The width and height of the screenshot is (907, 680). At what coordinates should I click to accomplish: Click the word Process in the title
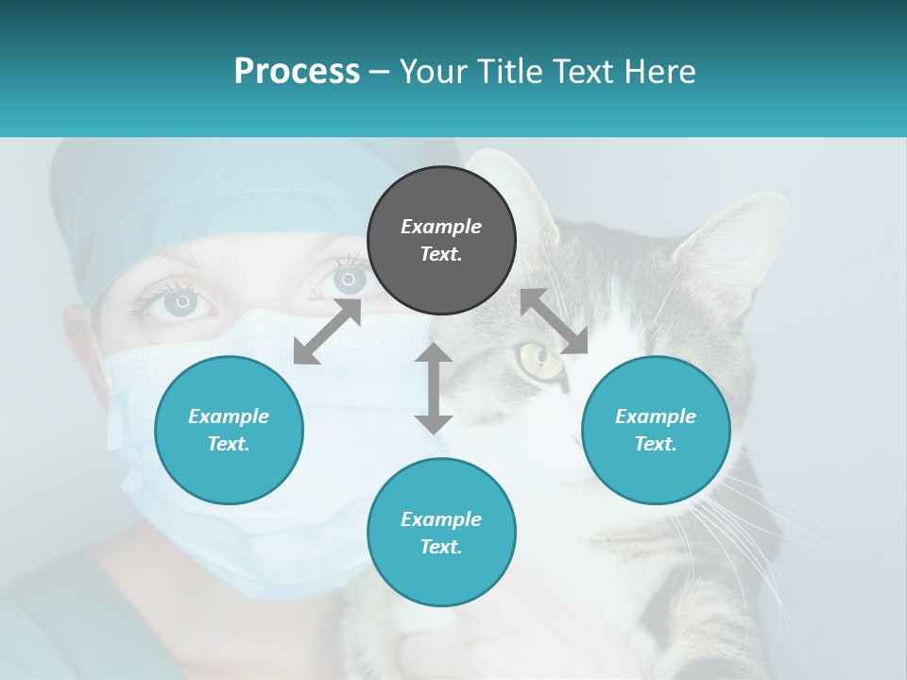point(297,72)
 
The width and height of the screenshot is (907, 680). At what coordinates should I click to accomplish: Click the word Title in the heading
point(506,72)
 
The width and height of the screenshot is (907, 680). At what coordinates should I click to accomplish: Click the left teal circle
point(229,430)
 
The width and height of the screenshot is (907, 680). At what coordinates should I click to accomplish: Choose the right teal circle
point(656,430)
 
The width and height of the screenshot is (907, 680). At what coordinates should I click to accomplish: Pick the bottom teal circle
point(441,533)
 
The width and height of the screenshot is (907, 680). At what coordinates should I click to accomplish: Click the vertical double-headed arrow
point(434,388)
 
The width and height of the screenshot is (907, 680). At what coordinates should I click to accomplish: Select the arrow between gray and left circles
point(327,331)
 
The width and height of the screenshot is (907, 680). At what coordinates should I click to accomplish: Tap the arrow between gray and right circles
point(554,321)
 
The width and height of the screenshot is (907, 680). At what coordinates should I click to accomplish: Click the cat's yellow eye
point(539,358)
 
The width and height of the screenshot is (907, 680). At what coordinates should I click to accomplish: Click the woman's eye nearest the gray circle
point(349,280)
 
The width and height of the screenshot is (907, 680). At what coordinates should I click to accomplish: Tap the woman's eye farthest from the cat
point(181,303)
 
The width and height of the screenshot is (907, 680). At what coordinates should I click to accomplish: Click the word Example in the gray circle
point(441,227)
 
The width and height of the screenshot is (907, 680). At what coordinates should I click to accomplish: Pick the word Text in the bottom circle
point(441,547)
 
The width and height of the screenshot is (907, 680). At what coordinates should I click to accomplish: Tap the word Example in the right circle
point(656,416)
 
